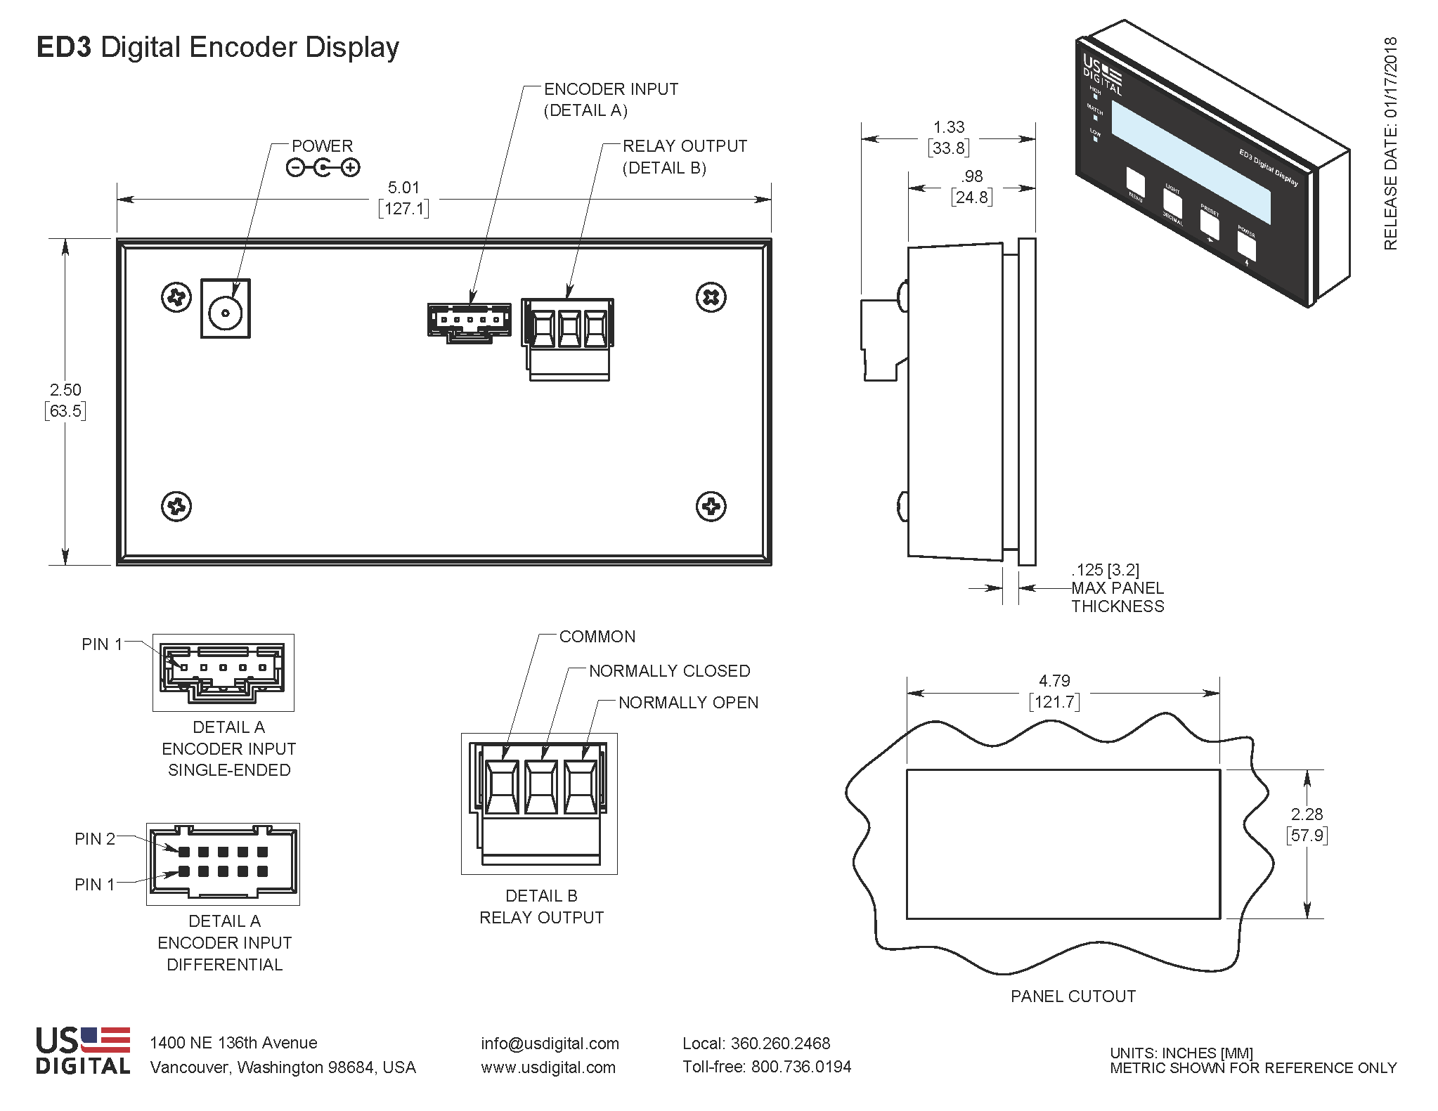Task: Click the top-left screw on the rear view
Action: tap(176, 297)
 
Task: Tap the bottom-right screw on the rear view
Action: tap(711, 507)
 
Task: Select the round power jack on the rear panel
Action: tap(225, 314)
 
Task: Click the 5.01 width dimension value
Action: tap(403, 188)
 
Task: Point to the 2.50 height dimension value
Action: tap(65, 390)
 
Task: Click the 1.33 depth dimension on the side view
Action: tap(948, 127)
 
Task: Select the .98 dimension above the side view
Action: tap(972, 176)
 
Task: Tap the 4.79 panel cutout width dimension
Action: tap(1054, 681)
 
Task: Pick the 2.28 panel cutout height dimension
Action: tap(1307, 814)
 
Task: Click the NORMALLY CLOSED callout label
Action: tap(669, 671)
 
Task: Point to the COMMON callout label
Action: tap(597, 637)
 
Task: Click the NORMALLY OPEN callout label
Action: tap(688, 703)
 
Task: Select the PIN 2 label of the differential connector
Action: tap(94, 839)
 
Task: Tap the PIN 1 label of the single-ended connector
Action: tap(102, 644)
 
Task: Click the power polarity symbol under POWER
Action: tap(323, 168)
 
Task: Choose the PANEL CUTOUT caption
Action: tap(1073, 996)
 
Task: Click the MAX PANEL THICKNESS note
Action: tap(1117, 588)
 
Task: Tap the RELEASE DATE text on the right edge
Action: tap(1390, 143)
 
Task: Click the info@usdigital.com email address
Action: tap(550, 1044)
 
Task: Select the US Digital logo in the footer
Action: tap(83, 1051)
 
